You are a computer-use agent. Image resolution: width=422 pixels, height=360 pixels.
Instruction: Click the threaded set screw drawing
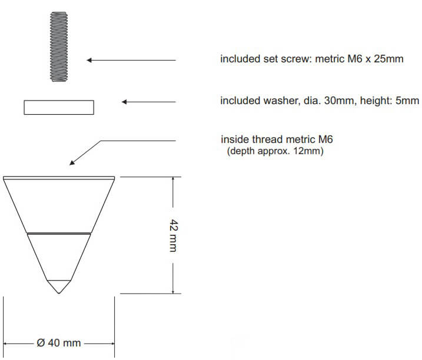point(59,46)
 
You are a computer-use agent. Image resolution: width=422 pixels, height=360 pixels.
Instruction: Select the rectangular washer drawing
point(59,108)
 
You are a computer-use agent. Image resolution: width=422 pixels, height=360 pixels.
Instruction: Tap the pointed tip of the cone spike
point(59,293)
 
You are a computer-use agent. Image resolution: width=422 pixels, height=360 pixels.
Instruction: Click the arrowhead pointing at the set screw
point(89,60)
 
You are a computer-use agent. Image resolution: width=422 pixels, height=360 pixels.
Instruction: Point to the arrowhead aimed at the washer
point(124,102)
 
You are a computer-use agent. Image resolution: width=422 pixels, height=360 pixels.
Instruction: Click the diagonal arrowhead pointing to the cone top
point(72,162)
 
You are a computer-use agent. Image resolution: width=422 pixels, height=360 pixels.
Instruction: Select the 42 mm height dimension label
point(174,235)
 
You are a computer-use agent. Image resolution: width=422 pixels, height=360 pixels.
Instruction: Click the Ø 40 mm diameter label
point(59,343)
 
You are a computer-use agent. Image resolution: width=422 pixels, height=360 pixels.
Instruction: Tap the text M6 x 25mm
point(375,59)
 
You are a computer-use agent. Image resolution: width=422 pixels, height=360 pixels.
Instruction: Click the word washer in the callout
point(281,101)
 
